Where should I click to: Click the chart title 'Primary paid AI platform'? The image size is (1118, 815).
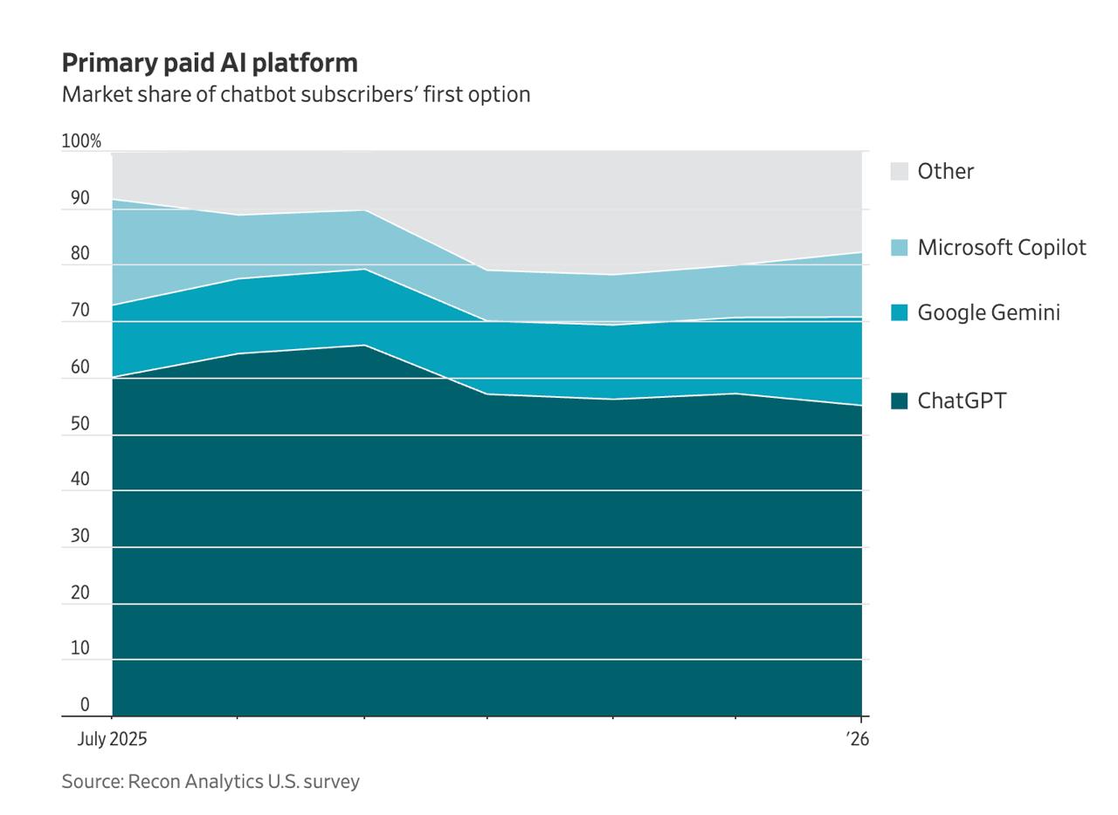[210, 63]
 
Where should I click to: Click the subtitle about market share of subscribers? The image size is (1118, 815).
[295, 94]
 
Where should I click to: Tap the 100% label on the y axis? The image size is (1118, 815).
[81, 141]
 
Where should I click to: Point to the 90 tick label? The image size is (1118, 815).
[80, 198]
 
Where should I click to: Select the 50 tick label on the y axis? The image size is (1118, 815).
[80, 424]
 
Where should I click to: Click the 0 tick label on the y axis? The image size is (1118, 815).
[85, 704]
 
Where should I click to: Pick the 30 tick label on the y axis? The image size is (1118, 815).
[80, 536]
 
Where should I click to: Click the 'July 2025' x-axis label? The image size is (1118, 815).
[113, 739]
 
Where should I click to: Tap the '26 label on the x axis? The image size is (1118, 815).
[858, 739]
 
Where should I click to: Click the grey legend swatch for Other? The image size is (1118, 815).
[900, 171]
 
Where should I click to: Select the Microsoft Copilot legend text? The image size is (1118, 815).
[1002, 248]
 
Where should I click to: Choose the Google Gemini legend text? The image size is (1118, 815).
[989, 312]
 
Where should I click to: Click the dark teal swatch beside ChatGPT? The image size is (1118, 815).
[900, 401]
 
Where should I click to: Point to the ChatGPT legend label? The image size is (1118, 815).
[962, 401]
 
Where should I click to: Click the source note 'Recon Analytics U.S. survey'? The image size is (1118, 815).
[210, 781]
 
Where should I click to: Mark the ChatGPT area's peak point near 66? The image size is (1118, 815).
[364, 346]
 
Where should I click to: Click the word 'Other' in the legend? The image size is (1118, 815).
[945, 171]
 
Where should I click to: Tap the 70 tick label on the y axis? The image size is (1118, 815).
[80, 311]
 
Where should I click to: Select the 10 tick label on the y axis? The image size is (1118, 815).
[80, 648]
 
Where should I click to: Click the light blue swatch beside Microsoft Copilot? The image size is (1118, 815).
[900, 248]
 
